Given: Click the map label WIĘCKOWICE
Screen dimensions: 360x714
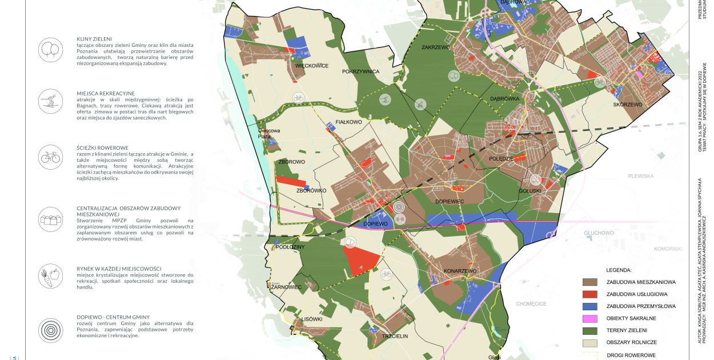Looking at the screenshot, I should tap(312, 66).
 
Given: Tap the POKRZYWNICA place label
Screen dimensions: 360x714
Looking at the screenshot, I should tap(361, 72).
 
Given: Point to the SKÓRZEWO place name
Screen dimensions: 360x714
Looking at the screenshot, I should tap(628, 105).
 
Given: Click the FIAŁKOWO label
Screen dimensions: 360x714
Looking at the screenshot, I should tap(349, 122).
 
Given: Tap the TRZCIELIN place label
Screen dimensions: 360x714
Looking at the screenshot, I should tap(395, 337).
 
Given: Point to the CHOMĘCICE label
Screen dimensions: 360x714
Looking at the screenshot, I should tap(531, 304).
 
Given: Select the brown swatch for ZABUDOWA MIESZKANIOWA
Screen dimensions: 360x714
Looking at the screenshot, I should tap(590, 282).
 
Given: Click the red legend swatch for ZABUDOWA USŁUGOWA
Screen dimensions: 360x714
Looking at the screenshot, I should tap(590, 294).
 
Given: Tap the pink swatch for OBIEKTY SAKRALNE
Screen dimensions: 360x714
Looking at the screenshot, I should tap(590, 318).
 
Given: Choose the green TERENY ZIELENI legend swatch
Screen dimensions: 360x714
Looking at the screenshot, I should tap(590, 330).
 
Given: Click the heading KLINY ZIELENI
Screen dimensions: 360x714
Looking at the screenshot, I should tap(94, 39).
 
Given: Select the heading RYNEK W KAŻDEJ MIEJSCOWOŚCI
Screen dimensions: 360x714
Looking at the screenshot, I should tap(119, 269).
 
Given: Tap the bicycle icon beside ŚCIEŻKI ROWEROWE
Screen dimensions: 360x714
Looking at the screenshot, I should tap(50, 155).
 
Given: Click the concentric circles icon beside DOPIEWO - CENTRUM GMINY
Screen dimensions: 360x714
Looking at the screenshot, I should tap(50, 330).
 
